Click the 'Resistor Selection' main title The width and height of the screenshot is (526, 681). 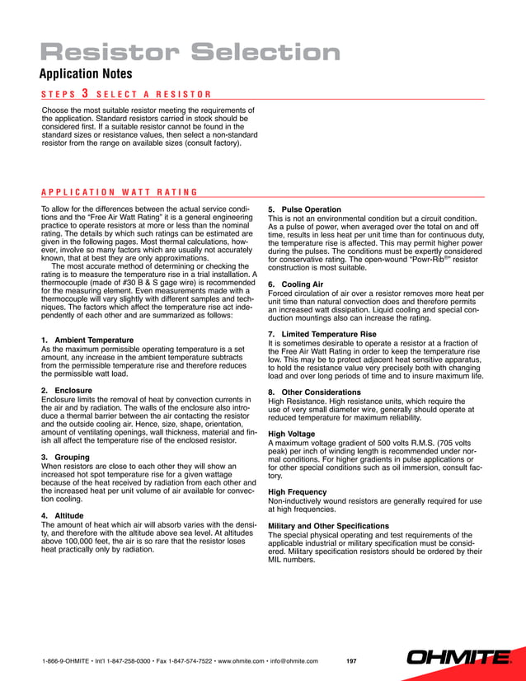[190, 54]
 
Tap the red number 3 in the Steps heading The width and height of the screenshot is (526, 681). [85, 94]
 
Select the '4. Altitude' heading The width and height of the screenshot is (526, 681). [64, 515]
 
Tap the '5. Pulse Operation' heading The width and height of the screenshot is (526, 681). [304, 209]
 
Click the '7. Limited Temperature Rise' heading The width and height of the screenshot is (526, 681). [322, 334]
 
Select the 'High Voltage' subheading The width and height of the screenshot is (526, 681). [292, 434]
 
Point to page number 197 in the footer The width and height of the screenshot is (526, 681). [352, 661]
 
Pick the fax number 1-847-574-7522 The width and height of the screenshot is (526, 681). [184, 661]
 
